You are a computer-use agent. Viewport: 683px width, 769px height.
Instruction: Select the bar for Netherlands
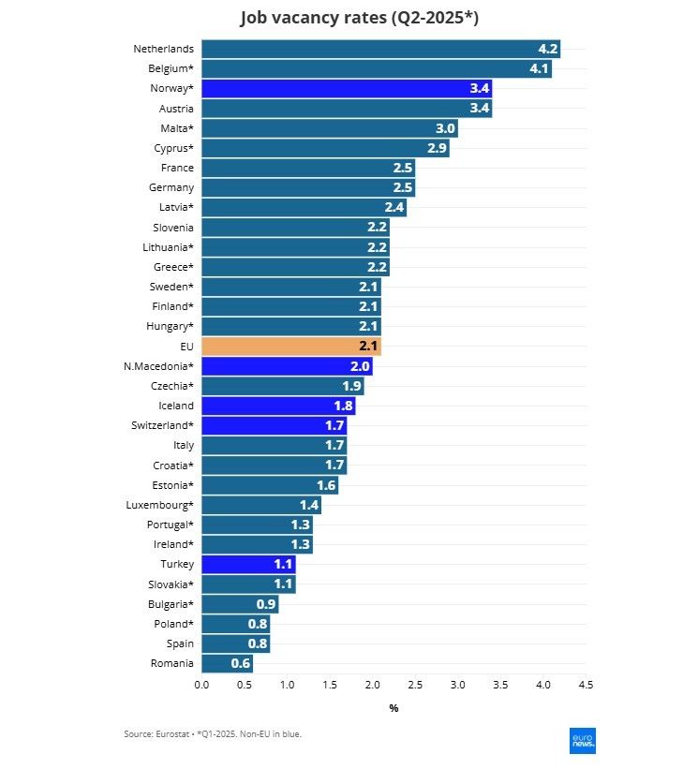(379, 49)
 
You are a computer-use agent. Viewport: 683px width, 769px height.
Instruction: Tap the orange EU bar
(290, 347)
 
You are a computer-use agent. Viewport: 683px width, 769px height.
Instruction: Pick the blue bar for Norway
(346, 89)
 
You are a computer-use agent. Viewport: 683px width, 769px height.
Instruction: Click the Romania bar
(226, 663)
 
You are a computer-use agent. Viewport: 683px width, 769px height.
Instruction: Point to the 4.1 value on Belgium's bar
(539, 69)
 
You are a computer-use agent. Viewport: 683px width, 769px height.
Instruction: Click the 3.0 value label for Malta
(445, 128)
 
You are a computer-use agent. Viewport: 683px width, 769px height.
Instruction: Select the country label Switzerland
(162, 425)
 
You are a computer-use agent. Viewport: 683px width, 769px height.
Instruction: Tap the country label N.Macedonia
(158, 366)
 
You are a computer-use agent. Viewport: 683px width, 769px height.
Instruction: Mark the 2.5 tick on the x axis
(415, 686)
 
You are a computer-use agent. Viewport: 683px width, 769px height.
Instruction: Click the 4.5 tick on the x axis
(586, 686)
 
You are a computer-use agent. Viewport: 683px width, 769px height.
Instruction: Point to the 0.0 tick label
(201, 686)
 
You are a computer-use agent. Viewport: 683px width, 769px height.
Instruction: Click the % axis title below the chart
(393, 708)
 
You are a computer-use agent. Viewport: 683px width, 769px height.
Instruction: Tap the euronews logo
(583, 740)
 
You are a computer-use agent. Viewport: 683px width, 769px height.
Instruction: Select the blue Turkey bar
(247, 565)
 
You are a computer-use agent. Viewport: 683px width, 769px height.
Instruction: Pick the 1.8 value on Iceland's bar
(343, 406)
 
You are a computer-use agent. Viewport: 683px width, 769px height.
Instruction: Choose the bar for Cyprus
(324, 148)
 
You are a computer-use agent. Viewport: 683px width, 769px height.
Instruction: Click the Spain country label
(179, 643)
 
